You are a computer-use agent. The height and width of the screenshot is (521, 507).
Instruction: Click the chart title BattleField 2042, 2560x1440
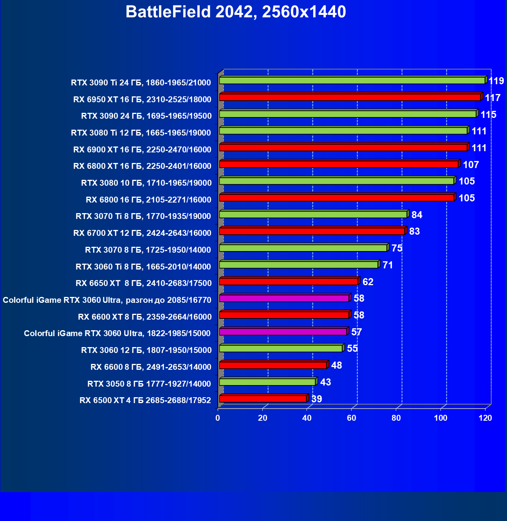point(236,12)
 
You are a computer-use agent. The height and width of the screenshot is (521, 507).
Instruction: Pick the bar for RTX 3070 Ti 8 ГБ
point(313,215)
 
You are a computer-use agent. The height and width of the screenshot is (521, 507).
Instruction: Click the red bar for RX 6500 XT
point(263,399)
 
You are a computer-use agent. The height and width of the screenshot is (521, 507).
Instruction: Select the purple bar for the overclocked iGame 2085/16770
point(284,298)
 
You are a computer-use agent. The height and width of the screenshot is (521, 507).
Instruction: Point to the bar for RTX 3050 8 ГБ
point(267,382)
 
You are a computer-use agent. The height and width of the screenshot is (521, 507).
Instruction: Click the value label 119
point(496,81)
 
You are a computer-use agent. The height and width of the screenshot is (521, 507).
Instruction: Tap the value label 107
point(471,165)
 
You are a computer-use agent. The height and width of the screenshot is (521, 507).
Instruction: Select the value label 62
point(368,282)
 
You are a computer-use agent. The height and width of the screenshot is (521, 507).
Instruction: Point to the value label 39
point(316,399)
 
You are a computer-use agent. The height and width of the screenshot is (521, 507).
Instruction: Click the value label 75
point(397,248)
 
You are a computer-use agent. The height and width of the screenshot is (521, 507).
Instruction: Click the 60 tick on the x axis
point(352,418)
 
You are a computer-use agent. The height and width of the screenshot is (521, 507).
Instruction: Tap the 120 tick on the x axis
point(485,418)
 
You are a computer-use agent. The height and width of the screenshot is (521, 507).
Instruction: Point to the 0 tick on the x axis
point(218,418)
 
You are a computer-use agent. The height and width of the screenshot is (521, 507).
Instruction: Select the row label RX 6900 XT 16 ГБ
point(142,149)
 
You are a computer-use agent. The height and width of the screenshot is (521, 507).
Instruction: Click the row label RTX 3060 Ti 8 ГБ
point(143,267)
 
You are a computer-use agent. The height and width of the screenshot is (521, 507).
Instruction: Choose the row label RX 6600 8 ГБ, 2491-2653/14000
point(151,367)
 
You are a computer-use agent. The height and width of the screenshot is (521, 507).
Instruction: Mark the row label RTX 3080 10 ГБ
point(146,183)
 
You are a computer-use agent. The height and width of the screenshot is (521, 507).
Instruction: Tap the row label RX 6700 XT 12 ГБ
point(142,233)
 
